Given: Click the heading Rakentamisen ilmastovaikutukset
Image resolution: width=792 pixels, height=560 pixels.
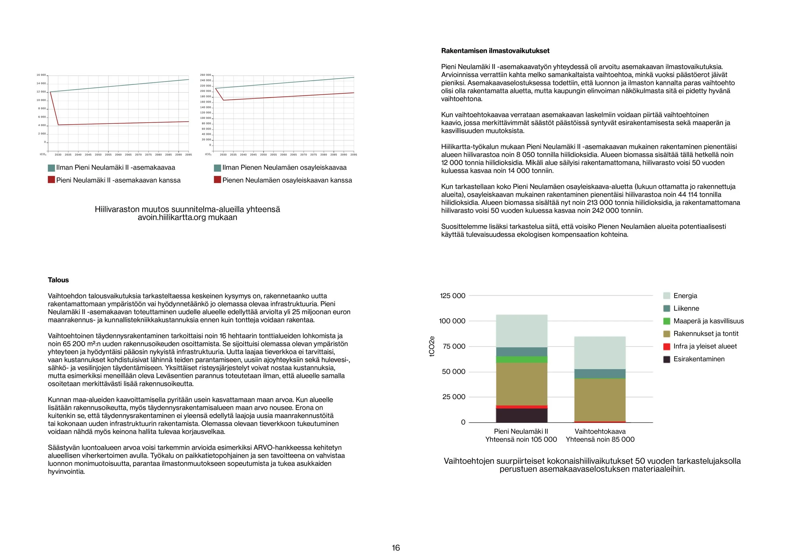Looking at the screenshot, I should pyautogui.click(x=495, y=51).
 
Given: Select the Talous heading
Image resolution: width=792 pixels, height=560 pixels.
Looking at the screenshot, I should pyautogui.click(x=58, y=280).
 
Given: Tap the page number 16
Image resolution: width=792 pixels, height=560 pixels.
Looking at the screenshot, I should pyautogui.click(x=396, y=548).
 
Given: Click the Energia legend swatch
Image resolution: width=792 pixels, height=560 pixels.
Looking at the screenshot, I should pyautogui.click(x=667, y=296).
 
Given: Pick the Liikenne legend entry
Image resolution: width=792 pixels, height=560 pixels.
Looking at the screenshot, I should pyautogui.click(x=686, y=309).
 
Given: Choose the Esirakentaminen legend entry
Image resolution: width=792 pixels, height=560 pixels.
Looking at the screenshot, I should pyautogui.click(x=699, y=359).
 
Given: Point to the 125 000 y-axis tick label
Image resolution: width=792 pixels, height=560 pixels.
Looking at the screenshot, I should pyautogui.click(x=453, y=296).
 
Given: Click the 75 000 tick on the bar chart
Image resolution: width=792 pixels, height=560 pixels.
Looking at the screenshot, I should pyautogui.click(x=454, y=347).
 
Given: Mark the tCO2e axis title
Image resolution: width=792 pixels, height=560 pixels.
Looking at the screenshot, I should pyautogui.click(x=432, y=347).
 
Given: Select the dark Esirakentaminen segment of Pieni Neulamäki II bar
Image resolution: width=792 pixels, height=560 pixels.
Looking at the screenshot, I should pyautogui.click(x=521, y=415).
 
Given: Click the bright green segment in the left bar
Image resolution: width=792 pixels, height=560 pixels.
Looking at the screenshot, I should pyautogui.click(x=521, y=359).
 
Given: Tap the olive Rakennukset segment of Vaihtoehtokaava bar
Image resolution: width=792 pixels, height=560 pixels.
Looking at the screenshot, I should pyautogui.click(x=600, y=400).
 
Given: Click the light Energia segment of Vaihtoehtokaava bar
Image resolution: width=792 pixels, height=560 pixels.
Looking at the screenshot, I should pyautogui.click(x=600, y=353).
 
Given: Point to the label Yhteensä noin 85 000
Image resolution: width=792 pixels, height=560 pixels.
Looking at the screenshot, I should pyautogui.click(x=600, y=440).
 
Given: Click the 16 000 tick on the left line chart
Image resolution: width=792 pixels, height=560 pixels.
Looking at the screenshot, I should pyautogui.click(x=41, y=75).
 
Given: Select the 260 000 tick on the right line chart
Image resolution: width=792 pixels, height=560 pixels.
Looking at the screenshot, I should pyautogui.click(x=205, y=75).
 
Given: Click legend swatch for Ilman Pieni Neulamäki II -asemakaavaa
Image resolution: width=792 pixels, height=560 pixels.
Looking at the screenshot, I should pyautogui.click(x=51, y=168).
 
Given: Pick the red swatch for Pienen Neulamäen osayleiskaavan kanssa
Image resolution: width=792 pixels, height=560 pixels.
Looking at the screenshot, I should pyautogui.click(x=217, y=180).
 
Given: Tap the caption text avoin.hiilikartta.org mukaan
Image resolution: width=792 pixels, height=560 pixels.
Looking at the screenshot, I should pyautogui.click(x=187, y=218).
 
